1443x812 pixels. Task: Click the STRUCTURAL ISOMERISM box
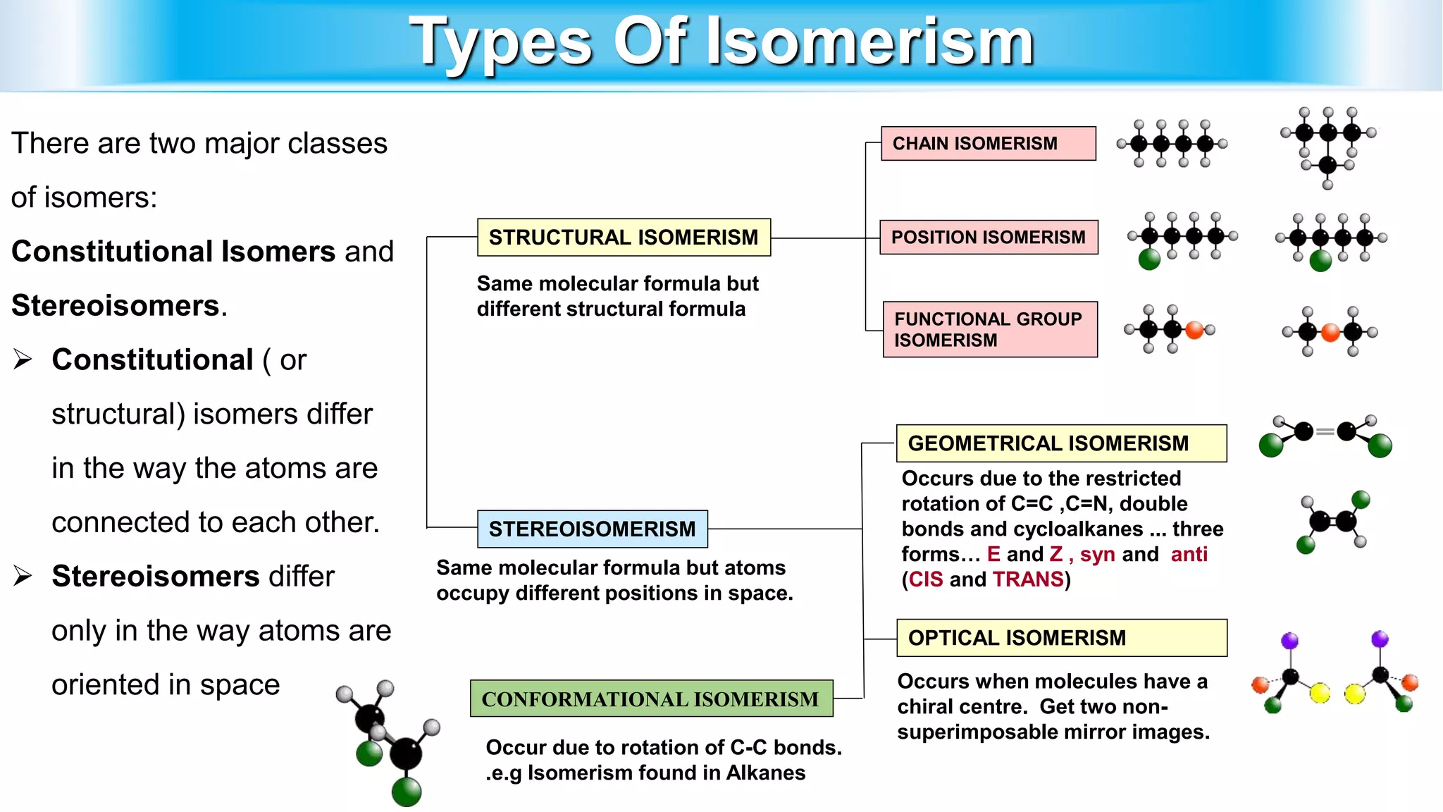[624, 238]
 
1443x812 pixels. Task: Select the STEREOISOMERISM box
[592, 529]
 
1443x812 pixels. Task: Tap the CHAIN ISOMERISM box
[988, 144]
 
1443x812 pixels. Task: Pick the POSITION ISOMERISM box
[988, 238]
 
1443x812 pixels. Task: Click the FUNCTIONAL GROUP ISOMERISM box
[989, 330]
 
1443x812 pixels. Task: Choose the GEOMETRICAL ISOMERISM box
[1060, 443]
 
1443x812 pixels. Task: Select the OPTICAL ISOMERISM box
[1060, 638]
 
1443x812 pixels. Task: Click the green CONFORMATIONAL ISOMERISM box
[651, 699]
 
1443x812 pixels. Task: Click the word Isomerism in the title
[869, 42]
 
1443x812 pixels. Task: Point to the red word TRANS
[1028, 579]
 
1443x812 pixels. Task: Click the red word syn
[1097, 555]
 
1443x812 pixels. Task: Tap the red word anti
[1189, 555]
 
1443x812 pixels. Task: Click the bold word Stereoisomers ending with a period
[116, 306]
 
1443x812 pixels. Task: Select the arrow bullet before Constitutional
[23, 360]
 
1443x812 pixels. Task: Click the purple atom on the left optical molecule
[1289, 640]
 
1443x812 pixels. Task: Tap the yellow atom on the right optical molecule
[1354, 694]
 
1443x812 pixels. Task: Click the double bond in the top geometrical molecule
[1325, 431]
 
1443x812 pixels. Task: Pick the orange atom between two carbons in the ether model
[1330, 333]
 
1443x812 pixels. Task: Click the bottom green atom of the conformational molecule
[407, 792]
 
